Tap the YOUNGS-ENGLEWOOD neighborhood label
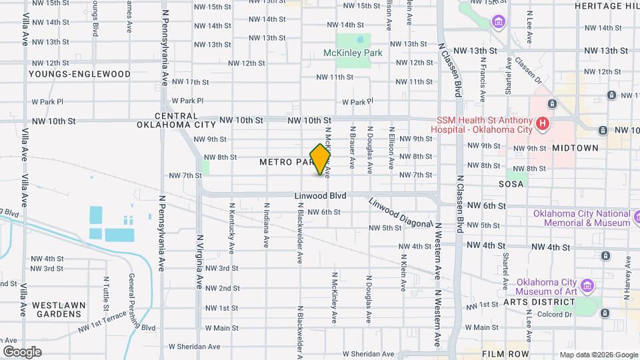click(x=70, y=73)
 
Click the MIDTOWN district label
click(x=575, y=148)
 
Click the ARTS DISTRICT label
click(x=539, y=301)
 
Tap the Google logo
click(x=22, y=351)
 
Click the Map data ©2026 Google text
click(x=598, y=355)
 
